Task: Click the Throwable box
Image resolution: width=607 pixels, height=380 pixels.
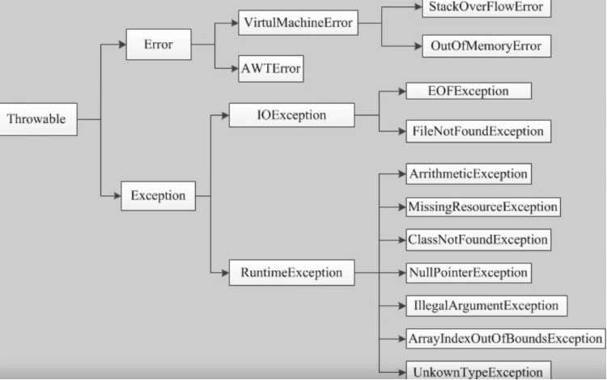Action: point(38,119)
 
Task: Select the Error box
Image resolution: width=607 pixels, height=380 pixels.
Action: point(159,45)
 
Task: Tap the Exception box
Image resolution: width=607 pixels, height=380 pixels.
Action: point(159,196)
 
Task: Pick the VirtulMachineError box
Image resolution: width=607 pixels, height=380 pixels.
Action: point(298,23)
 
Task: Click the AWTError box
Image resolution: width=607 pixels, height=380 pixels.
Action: point(271,69)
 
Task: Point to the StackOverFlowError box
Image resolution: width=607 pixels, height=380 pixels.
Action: point(486,8)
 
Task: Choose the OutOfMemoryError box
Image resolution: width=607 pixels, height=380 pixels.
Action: point(486,46)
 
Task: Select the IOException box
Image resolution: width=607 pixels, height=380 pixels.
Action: point(292,115)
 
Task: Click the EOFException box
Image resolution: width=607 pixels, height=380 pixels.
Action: point(469,91)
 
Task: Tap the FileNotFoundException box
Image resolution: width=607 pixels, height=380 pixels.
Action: point(478,131)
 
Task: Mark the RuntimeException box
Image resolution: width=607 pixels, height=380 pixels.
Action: point(292,273)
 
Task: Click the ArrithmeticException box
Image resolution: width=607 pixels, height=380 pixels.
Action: point(469,174)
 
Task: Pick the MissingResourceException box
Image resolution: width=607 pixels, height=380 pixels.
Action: point(483,207)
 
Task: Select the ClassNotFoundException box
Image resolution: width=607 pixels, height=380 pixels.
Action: point(478,240)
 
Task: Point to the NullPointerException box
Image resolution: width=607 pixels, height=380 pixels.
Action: point(469,273)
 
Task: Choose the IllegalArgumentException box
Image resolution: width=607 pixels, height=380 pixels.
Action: point(486,306)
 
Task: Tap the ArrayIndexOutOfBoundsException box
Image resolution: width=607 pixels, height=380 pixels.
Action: point(506,339)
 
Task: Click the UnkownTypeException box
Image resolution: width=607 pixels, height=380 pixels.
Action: point(478,371)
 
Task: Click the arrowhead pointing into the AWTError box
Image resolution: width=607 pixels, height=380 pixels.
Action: point(235,69)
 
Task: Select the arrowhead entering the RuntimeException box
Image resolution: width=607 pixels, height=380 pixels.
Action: point(225,273)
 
